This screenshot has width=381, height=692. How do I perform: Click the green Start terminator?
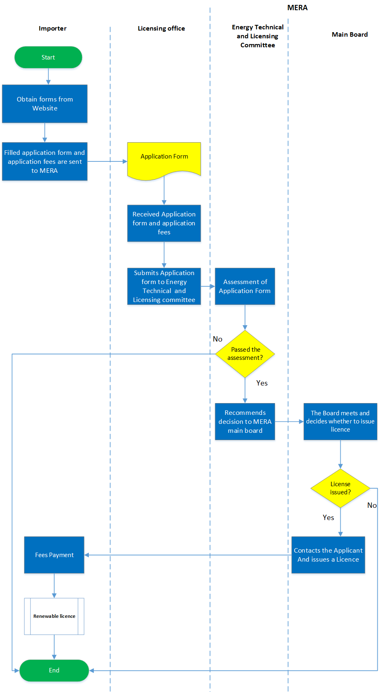tap(48, 57)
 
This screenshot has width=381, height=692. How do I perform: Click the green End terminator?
tap(54, 670)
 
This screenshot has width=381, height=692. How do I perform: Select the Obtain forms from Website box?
tap(45, 104)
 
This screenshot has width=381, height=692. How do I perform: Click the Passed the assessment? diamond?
tap(245, 354)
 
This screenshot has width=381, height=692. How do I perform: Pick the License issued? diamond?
tap(340, 488)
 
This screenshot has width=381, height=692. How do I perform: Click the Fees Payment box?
tap(54, 555)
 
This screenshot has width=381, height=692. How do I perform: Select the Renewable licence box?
tap(54, 616)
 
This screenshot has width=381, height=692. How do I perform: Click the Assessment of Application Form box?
tap(245, 286)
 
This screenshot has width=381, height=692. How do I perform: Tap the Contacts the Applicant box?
tap(328, 555)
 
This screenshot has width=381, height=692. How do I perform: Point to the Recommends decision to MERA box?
tap(245, 421)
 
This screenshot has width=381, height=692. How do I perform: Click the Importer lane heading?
tap(53, 29)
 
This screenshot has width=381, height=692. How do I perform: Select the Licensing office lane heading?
tap(161, 29)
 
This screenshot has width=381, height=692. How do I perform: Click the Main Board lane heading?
tap(350, 35)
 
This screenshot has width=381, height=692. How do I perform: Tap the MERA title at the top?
tap(297, 8)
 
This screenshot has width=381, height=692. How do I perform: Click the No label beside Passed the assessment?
tap(218, 339)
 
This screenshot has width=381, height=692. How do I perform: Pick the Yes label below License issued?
tap(328, 518)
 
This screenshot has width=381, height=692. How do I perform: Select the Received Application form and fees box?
tap(164, 223)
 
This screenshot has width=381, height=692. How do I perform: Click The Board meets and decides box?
tap(340, 421)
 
